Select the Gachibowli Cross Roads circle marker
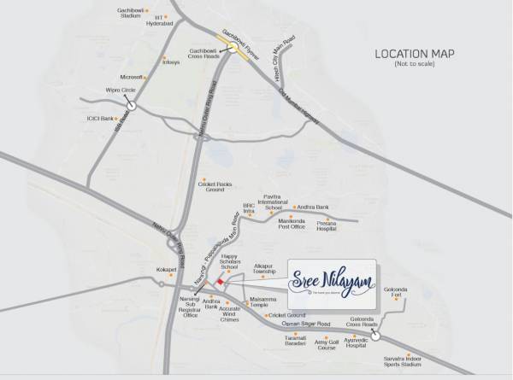click(233, 49)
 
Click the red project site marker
click(220, 280)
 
